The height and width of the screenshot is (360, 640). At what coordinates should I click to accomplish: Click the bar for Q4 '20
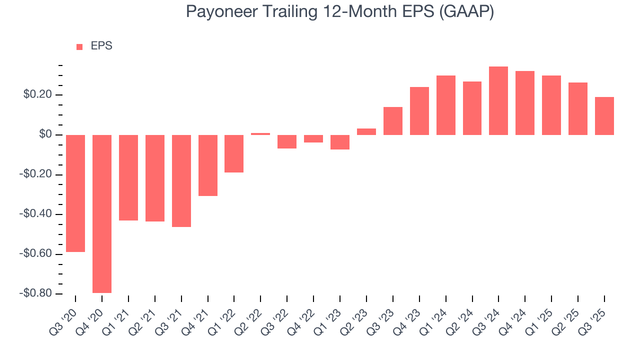click(102, 213)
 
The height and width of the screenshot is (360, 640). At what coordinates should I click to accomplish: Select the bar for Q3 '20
click(75, 193)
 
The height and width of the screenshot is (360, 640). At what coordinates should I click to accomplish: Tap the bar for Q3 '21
click(181, 180)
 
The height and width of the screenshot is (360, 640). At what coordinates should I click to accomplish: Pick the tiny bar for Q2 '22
click(260, 134)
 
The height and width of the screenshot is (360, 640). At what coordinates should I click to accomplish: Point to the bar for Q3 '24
click(498, 100)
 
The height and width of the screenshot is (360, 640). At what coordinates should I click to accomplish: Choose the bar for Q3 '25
click(604, 116)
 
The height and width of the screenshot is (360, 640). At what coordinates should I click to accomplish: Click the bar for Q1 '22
click(234, 153)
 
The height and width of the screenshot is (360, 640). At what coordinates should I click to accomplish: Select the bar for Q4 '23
click(419, 111)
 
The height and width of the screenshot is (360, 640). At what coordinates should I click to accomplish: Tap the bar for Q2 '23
click(366, 131)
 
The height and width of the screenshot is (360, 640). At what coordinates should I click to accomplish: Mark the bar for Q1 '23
click(340, 142)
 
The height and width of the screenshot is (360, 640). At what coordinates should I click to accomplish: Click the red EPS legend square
click(79, 47)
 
